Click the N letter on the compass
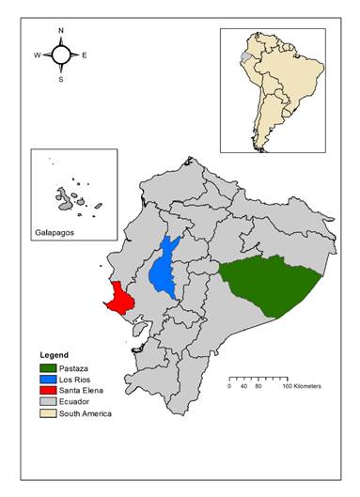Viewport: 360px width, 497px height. pos(61,31)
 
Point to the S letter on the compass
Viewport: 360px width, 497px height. pos(61,79)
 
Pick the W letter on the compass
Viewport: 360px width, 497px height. pos(38,55)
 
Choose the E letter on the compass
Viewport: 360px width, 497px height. pos(85,55)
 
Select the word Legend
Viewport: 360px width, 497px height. pos(55,354)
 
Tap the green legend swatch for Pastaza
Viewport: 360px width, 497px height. pos(46,367)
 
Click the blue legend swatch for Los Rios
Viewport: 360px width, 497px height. pos(46,379)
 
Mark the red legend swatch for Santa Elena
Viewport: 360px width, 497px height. pos(46,390)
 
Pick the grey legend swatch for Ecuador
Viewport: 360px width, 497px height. pos(46,401)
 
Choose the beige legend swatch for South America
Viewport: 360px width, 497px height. pos(46,413)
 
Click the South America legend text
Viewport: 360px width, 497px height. pos(85,413)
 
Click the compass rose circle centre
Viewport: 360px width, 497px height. pos(61,55)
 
